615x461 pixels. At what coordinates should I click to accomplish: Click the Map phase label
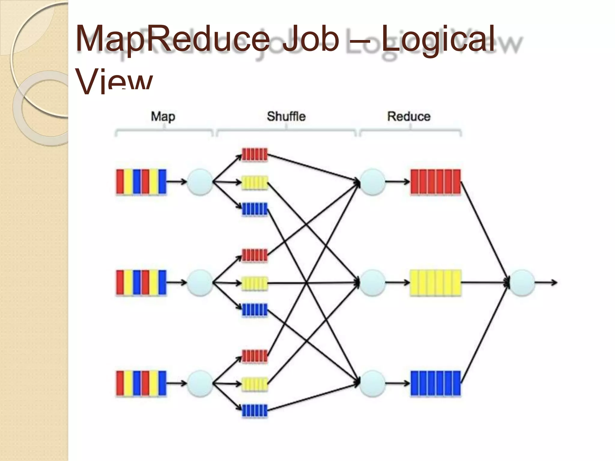[163, 116]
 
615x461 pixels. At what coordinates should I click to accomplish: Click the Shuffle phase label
[286, 116]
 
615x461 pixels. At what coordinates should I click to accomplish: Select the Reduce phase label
[409, 116]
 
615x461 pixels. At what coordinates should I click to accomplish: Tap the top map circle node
[200, 182]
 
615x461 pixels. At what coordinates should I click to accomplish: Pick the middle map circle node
[200, 283]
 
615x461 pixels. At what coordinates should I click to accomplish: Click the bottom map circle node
[200, 384]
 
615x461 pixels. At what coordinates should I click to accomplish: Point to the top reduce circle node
[372, 182]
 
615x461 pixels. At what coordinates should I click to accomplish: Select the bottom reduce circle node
[372, 384]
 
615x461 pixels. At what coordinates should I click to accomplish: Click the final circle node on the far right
[522, 283]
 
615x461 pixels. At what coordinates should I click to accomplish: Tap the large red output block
[435, 182]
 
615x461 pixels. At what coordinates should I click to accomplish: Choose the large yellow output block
[435, 283]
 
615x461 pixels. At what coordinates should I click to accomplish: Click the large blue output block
[435, 384]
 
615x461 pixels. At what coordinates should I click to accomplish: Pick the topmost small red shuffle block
[255, 155]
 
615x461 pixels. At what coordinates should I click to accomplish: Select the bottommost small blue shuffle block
[255, 411]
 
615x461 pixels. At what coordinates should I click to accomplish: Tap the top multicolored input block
[141, 182]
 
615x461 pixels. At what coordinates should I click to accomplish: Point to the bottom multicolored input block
[141, 384]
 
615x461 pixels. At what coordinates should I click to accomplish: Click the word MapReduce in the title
[173, 39]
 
